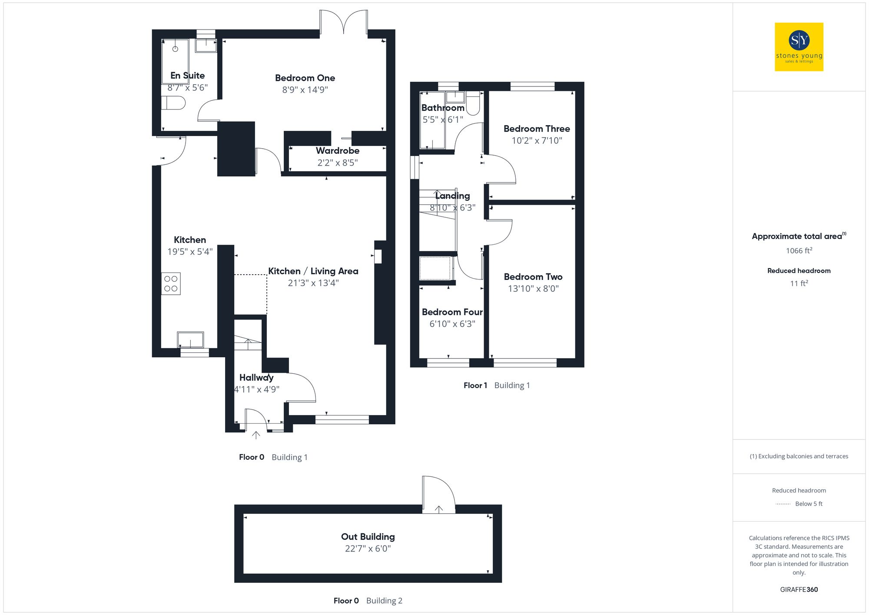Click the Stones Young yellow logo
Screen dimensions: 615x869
pyautogui.click(x=799, y=47)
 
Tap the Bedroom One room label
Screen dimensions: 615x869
pyautogui.click(x=305, y=78)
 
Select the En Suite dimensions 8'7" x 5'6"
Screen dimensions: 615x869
pyautogui.click(x=187, y=88)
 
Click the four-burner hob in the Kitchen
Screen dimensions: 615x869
pyautogui.click(x=171, y=284)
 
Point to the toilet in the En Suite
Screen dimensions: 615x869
pyautogui.click(x=173, y=103)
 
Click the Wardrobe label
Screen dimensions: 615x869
pyautogui.click(x=337, y=151)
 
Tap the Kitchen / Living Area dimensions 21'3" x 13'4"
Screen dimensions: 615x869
pyautogui.click(x=313, y=283)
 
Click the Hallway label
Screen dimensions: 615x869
pyautogui.click(x=256, y=378)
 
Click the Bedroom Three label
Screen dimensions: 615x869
pyautogui.click(x=536, y=129)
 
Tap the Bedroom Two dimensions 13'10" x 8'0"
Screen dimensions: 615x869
pyautogui.click(x=533, y=289)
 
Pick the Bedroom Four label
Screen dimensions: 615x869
pyautogui.click(x=452, y=312)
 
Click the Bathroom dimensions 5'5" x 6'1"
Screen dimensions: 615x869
pyautogui.click(x=442, y=120)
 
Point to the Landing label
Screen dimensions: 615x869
pyautogui.click(x=452, y=196)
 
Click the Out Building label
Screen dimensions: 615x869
pyautogui.click(x=368, y=537)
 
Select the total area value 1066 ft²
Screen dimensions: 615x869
pyautogui.click(x=799, y=251)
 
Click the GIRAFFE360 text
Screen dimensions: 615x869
pyautogui.click(x=799, y=590)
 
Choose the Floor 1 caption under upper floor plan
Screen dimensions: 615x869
pyautogui.click(x=475, y=386)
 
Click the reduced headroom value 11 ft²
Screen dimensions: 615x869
pyautogui.click(x=799, y=283)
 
